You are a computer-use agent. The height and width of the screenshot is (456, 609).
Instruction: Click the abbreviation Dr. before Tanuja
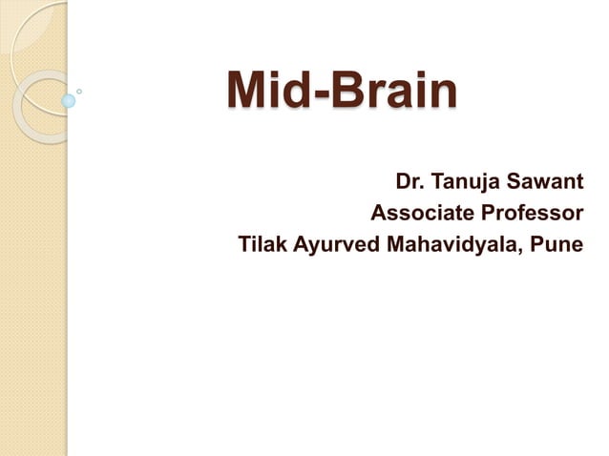(x=409, y=181)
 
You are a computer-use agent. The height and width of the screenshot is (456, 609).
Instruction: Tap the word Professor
(x=528, y=213)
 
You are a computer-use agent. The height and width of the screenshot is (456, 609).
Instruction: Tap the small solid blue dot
(x=69, y=100)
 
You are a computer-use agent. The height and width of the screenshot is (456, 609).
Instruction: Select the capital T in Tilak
(x=244, y=244)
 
